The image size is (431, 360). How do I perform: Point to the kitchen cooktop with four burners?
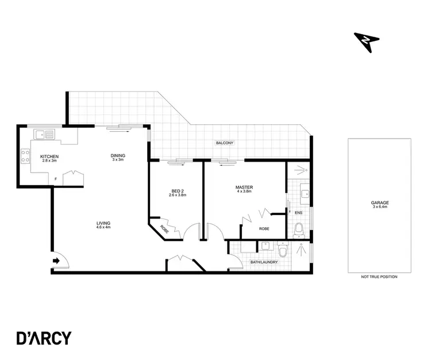pos(25,157)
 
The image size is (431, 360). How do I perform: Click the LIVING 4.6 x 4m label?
pos(103,225)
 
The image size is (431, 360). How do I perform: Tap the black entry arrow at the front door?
pos(56,261)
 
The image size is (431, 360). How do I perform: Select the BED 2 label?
pos(178,193)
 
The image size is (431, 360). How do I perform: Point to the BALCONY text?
pos(224,143)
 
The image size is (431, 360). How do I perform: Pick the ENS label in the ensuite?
pos(298,213)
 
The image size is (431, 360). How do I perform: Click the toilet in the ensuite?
pos(299,230)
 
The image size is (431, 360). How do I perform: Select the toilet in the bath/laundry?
pos(282,251)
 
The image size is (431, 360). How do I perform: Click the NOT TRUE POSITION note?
pos(379,277)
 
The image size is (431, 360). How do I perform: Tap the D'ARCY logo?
pos(43,338)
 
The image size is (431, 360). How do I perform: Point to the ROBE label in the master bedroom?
pos(264,229)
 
